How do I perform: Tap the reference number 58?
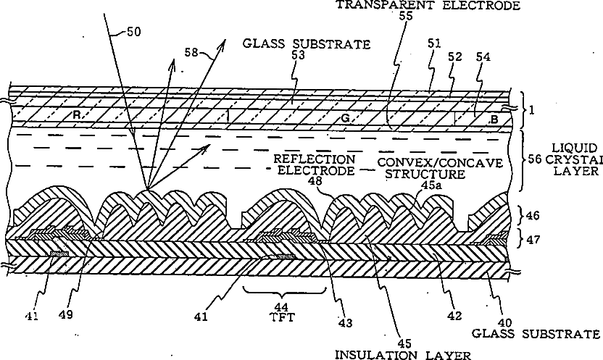(x=192, y=53)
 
